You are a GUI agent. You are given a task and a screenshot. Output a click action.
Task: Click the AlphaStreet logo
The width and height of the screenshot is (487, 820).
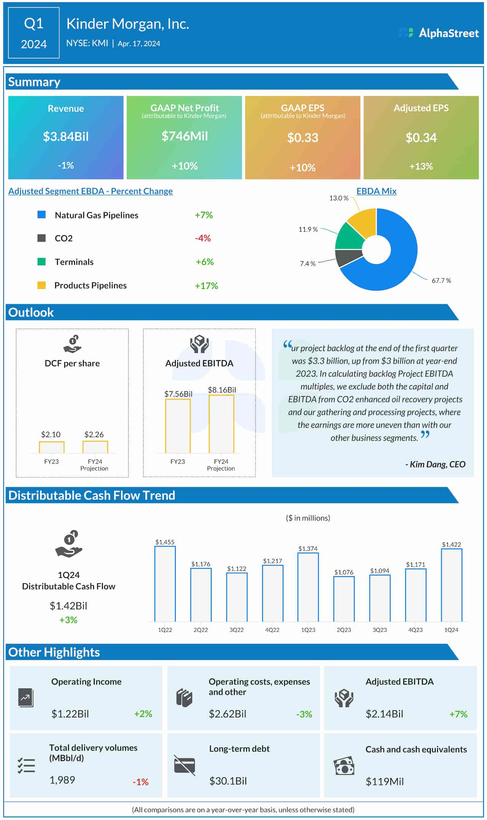(x=438, y=33)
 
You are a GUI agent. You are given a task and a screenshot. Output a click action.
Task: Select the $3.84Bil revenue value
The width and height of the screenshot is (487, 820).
(x=66, y=137)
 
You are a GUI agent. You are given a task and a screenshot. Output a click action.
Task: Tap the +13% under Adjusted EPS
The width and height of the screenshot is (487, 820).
(x=421, y=166)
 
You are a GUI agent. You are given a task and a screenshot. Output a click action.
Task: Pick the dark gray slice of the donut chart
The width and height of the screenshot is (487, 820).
(x=348, y=257)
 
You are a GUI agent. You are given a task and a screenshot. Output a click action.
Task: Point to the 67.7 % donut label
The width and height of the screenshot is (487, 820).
(x=441, y=281)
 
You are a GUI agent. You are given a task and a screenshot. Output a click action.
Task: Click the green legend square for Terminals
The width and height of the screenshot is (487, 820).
(x=41, y=262)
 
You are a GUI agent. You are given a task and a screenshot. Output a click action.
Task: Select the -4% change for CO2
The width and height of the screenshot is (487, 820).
(x=203, y=238)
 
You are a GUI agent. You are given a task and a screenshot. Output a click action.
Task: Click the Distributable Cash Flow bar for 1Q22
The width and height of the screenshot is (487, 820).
(x=165, y=583)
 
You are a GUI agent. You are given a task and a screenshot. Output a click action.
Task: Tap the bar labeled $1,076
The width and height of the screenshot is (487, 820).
(x=344, y=599)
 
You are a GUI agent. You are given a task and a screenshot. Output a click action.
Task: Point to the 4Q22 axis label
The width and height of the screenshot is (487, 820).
(x=272, y=630)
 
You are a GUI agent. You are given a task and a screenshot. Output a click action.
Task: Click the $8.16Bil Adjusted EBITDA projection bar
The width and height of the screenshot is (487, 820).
(x=221, y=424)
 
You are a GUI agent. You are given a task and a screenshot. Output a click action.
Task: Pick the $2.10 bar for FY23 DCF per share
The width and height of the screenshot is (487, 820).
(x=51, y=447)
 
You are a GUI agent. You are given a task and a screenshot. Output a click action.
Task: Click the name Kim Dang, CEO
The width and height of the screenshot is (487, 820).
(x=436, y=464)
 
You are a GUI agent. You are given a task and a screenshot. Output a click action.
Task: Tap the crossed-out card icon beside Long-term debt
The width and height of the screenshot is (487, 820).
(x=185, y=765)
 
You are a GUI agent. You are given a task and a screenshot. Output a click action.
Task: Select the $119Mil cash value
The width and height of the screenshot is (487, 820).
(x=384, y=782)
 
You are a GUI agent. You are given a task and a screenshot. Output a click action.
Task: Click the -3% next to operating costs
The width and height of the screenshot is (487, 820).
(x=304, y=714)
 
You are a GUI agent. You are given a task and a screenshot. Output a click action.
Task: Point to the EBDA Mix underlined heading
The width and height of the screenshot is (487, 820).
(x=376, y=191)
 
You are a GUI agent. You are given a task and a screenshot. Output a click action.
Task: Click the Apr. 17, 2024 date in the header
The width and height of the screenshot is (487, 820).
(x=139, y=44)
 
